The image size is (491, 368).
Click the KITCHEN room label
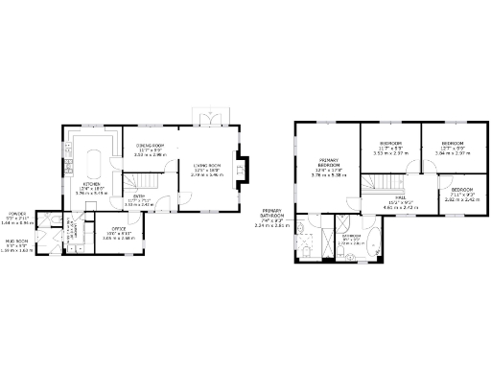(x=92, y=183)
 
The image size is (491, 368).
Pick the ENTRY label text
(x=139, y=197)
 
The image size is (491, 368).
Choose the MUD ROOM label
(x=17, y=241)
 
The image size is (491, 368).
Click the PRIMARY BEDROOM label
(x=330, y=166)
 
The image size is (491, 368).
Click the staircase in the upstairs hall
(x=382, y=181)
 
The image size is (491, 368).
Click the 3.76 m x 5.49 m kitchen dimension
(x=92, y=194)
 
